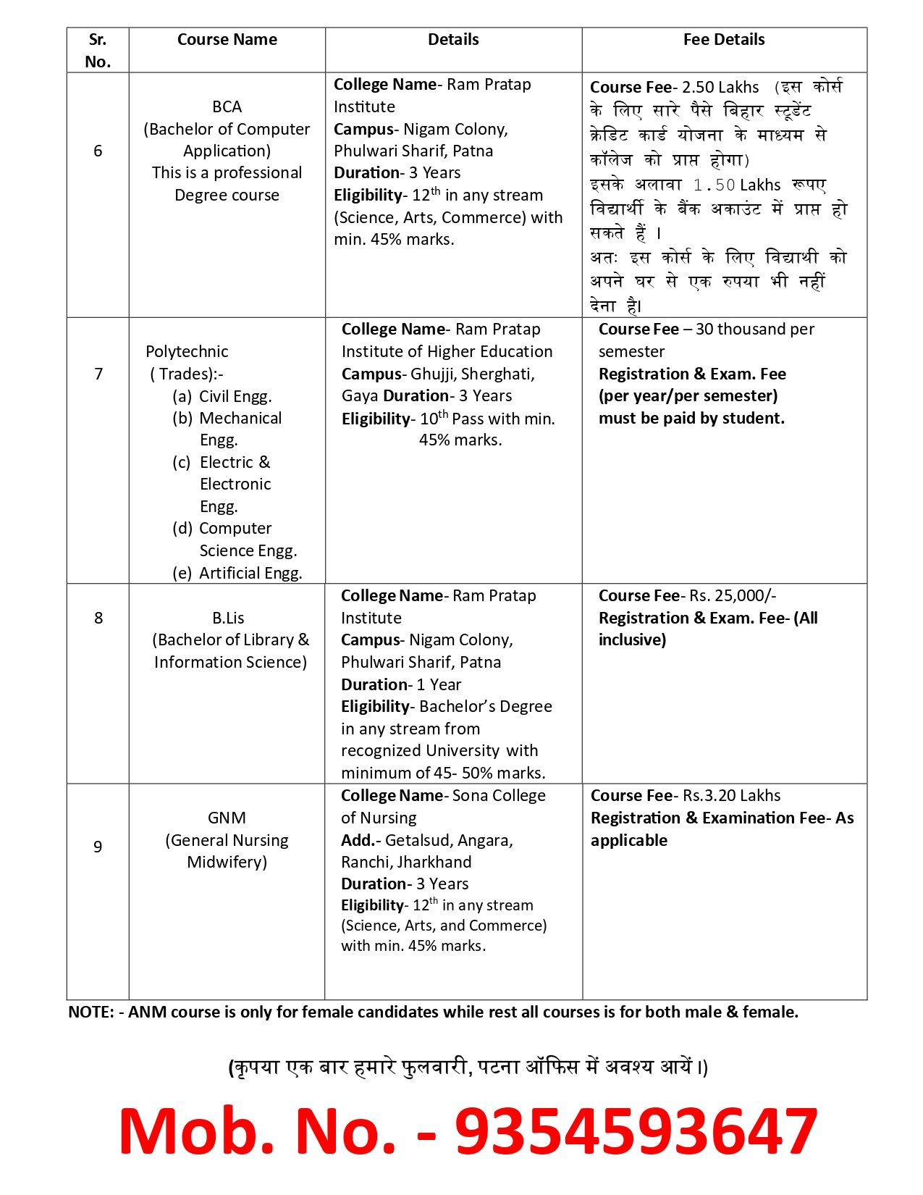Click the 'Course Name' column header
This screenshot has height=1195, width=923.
click(227, 40)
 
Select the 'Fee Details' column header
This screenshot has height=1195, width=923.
click(723, 40)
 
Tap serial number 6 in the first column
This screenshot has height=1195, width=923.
click(98, 151)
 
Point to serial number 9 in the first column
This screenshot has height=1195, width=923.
click(98, 846)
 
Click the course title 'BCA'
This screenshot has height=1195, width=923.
click(227, 106)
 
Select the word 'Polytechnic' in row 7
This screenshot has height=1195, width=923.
click(187, 351)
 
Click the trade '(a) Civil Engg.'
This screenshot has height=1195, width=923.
click(222, 396)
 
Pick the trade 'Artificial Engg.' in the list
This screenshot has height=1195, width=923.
click(250, 573)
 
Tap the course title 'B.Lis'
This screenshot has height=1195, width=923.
click(228, 618)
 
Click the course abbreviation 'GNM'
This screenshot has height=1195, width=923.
click(227, 818)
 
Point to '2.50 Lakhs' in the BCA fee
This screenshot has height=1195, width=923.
click(720, 88)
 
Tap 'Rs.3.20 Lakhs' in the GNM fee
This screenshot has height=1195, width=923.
click(731, 795)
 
